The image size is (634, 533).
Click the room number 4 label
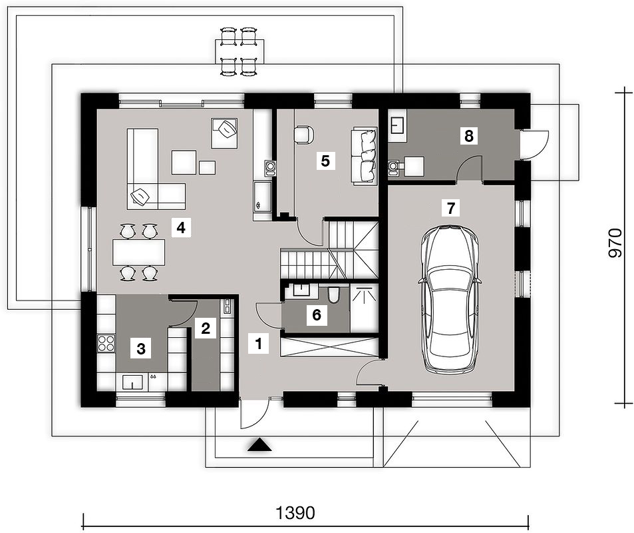tap(181, 228)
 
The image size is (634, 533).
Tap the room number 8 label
tap(468, 136)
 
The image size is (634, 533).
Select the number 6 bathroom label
tap(316, 314)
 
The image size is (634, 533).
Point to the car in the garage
tap(450, 300)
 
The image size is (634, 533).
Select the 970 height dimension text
tap(615, 243)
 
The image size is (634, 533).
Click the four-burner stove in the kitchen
tap(106, 344)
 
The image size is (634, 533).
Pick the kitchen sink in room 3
tap(132, 382)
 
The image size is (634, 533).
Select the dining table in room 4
tap(138, 252)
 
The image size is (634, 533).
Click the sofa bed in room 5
tap(365, 156)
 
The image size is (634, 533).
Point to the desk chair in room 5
tap(303, 135)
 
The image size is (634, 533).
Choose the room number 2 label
tap(206, 328)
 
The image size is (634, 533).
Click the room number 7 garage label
tap(450, 208)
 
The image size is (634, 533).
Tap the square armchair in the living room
tap(224, 133)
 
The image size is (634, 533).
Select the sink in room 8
tap(397, 125)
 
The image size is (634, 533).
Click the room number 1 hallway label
tap(259, 344)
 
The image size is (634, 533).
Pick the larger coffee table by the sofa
tap(184, 162)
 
